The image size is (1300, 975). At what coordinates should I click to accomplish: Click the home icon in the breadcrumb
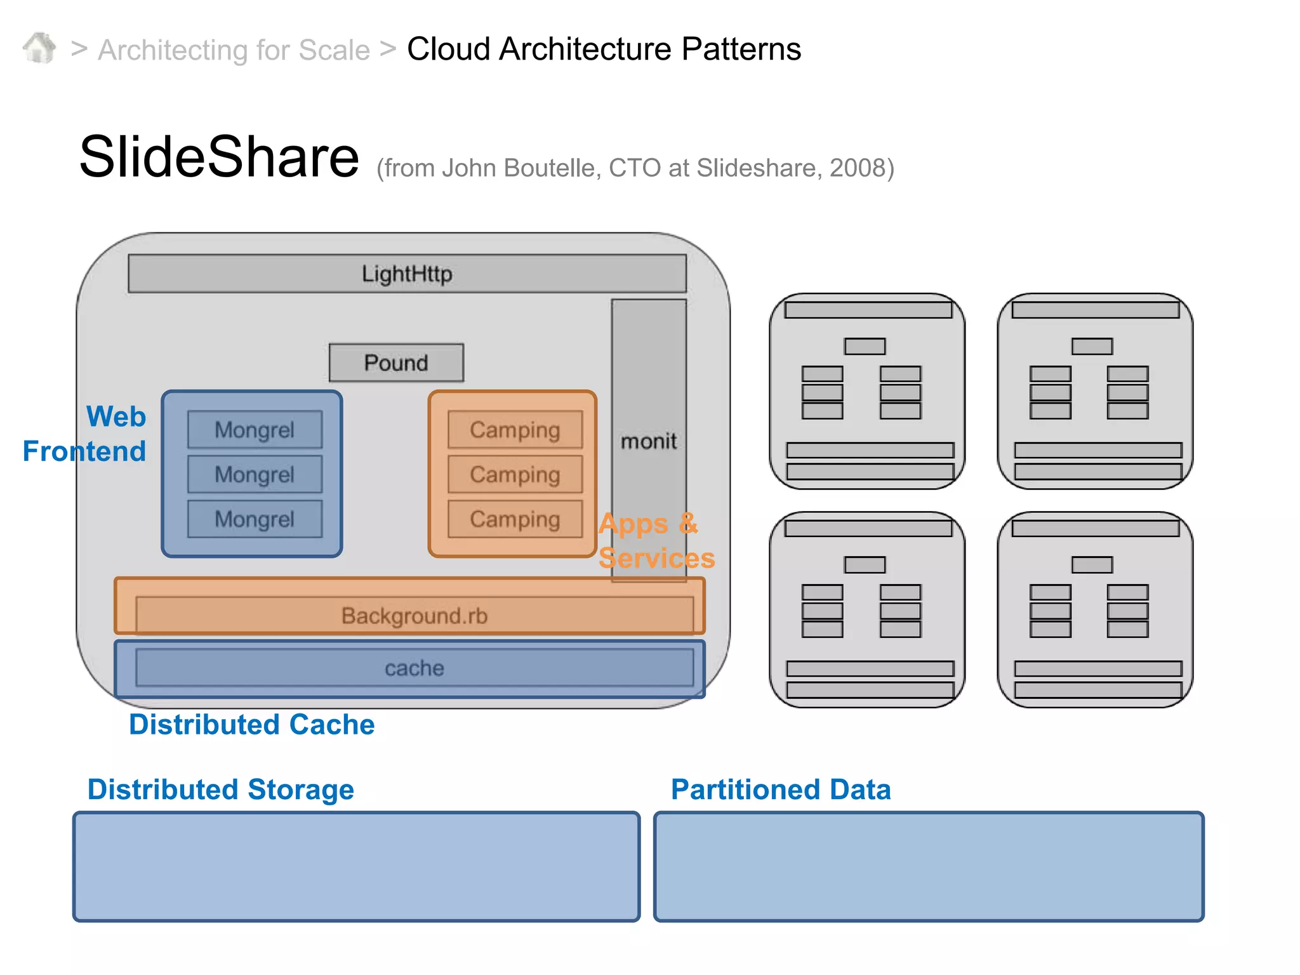(x=39, y=48)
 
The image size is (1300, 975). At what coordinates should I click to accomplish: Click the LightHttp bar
(x=407, y=274)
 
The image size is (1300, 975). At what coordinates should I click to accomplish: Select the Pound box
(x=396, y=363)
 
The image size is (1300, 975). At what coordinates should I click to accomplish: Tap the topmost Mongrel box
(x=255, y=430)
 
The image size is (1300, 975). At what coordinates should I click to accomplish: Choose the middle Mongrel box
(x=255, y=474)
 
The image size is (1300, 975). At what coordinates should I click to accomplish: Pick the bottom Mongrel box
(x=255, y=519)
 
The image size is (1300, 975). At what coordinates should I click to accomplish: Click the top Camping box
(x=515, y=430)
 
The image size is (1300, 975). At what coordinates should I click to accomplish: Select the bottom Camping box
(x=515, y=519)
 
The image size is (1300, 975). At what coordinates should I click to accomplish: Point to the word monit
(x=648, y=441)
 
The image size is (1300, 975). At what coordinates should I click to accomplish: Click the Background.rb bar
(x=414, y=615)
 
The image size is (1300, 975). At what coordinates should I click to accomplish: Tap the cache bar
(x=414, y=668)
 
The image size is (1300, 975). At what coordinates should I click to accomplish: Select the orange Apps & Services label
(x=656, y=541)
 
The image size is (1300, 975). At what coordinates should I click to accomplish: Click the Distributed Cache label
(x=251, y=724)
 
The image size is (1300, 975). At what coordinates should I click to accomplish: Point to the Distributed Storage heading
(x=220, y=789)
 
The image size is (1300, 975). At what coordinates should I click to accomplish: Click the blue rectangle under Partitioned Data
(x=929, y=866)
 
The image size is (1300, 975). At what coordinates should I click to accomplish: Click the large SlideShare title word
(x=219, y=157)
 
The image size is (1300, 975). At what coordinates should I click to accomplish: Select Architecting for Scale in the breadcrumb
(x=234, y=50)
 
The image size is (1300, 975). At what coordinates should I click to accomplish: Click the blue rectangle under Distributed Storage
(x=356, y=866)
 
